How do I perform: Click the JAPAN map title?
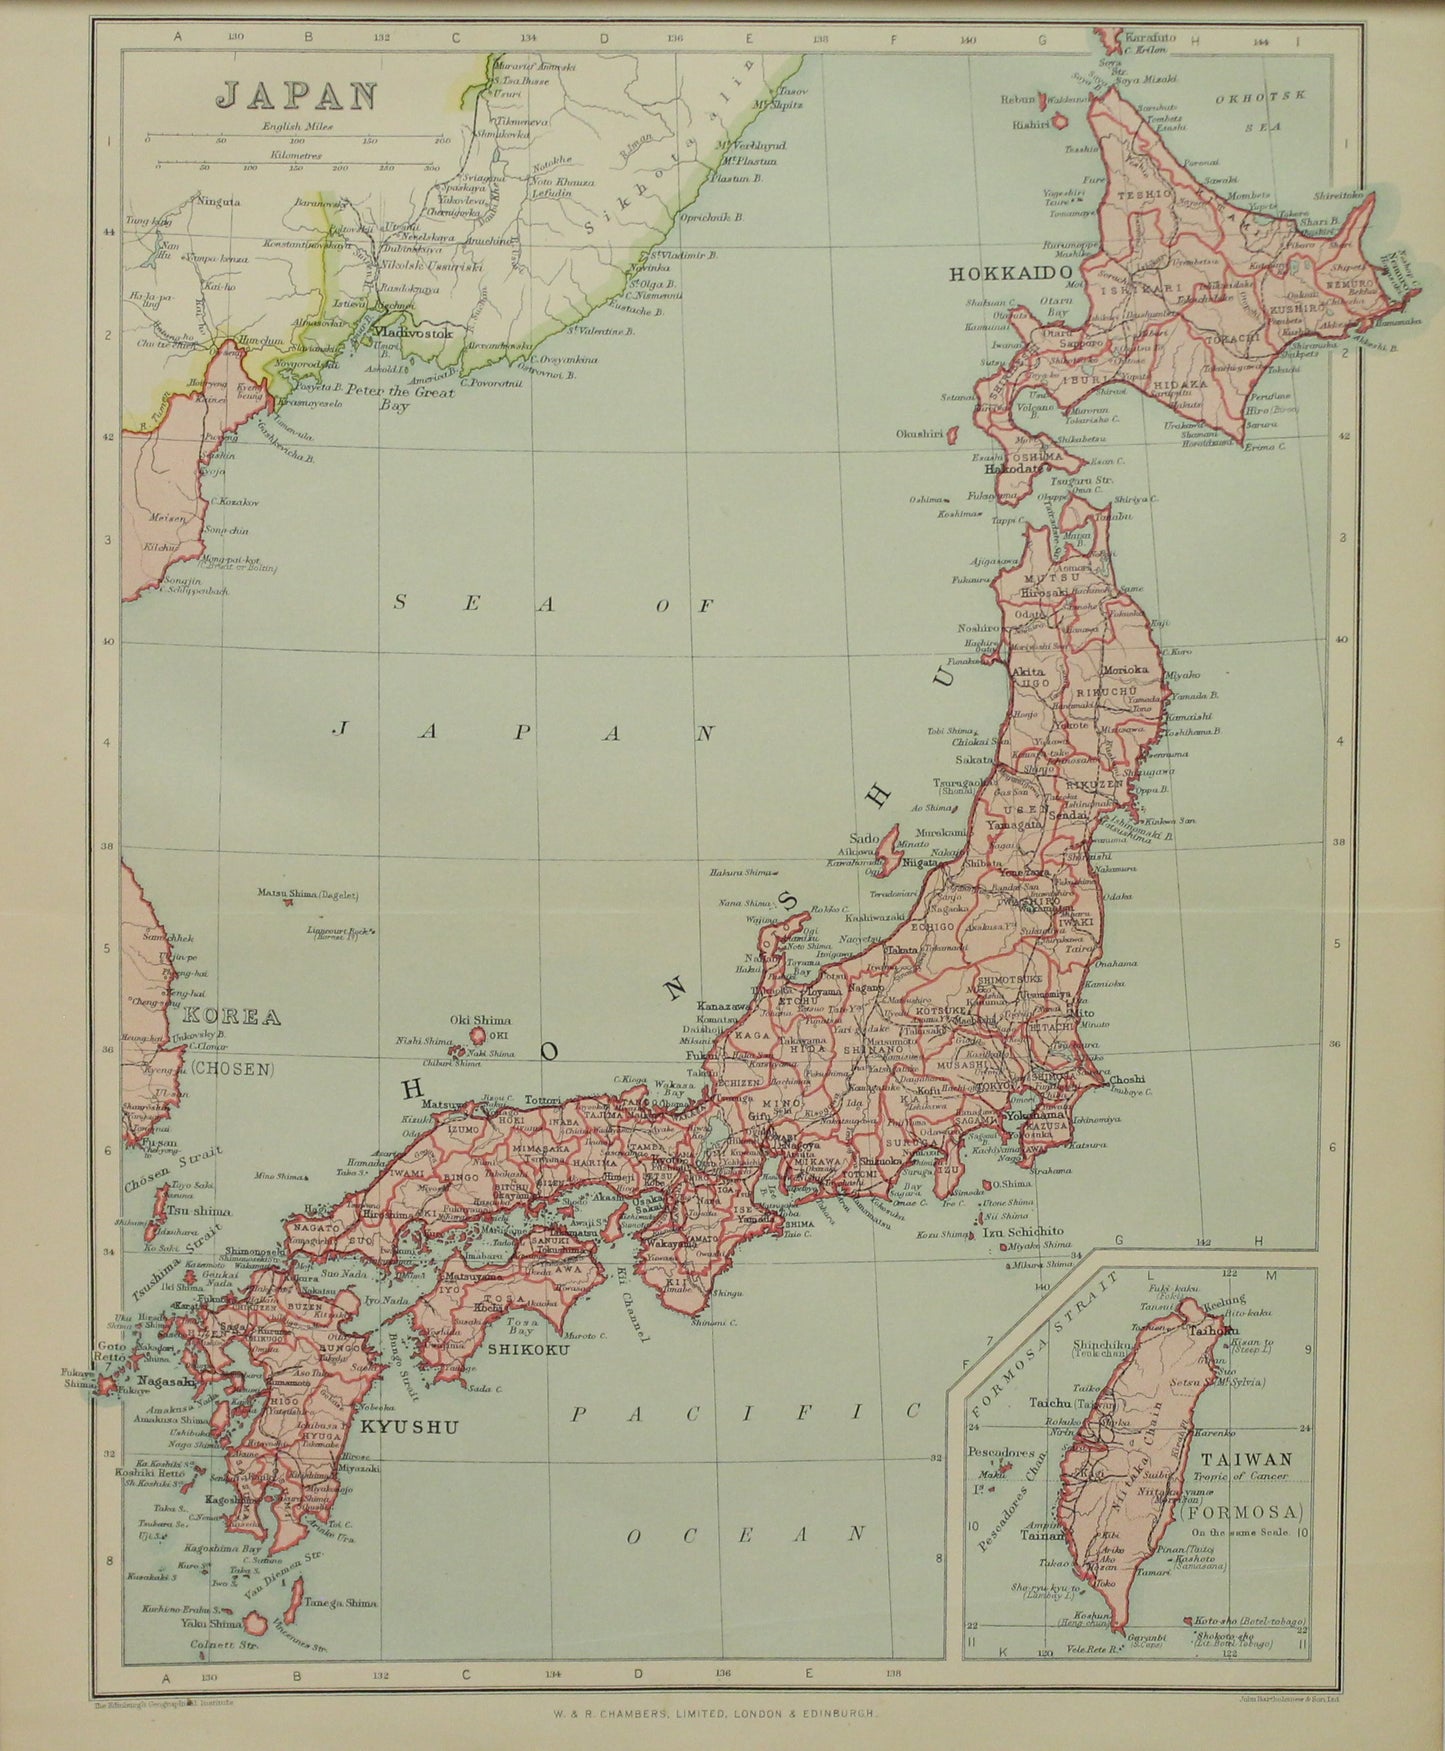tap(298, 95)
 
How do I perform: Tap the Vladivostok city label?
tap(413, 331)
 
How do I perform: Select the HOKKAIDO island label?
tap(1010, 273)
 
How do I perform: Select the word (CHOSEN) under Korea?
tap(233, 1068)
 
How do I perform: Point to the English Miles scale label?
tap(297, 126)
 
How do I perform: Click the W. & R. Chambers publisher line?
tap(722, 1713)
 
